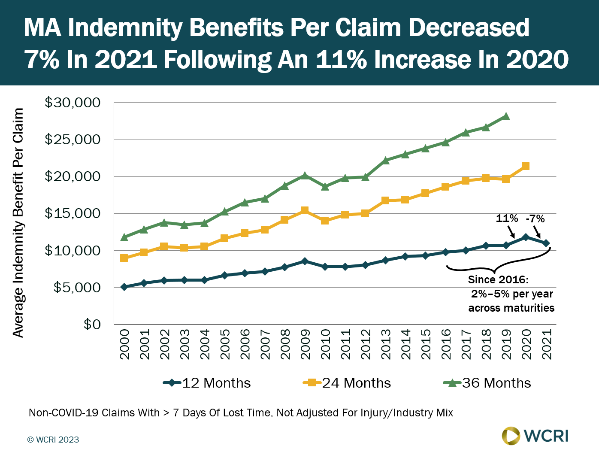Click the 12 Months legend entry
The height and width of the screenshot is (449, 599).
click(207, 383)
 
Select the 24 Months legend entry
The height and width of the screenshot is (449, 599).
click(347, 383)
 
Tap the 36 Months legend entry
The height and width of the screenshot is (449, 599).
click(487, 383)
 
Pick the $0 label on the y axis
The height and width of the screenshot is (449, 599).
click(92, 324)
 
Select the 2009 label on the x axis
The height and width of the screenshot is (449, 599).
click(305, 344)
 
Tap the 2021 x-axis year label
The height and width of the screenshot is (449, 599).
click(546, 344)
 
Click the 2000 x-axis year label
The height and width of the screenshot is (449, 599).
click(124, 344)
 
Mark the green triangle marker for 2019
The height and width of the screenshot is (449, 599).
click(506, 116)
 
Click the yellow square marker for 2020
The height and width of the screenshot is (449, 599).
click(525, 166)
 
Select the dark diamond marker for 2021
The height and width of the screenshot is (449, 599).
click(546, 243)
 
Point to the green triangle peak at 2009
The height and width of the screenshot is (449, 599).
click(305, 175)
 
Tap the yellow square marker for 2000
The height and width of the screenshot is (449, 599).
click(124, 258)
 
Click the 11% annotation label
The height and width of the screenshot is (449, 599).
click(507, 218)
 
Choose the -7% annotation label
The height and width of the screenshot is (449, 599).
click(535, 218)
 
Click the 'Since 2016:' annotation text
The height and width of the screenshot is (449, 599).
click(498, 280)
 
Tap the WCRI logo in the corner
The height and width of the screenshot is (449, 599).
click(535, 436)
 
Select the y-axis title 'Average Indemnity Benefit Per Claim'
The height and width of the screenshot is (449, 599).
click(18, 222)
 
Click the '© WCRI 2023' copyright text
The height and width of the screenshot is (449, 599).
click(53, 440)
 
